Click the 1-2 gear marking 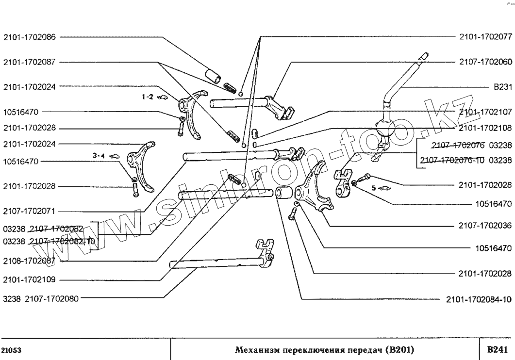(x=148, y=110)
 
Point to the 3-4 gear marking (x=99, y=156)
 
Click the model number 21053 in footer (x=11, y=350)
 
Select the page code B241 (x=497, y=349)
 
